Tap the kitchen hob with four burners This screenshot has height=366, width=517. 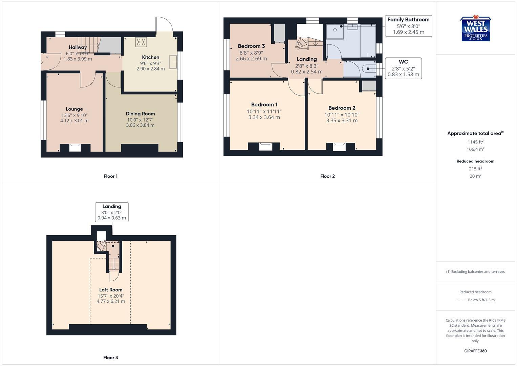point(141,42)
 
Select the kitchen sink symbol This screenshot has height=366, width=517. point(173,62)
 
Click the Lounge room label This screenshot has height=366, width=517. point(74,109)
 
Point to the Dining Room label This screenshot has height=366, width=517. point(140,114)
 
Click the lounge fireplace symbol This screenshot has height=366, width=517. point(75,147)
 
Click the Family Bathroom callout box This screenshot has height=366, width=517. point(408,26)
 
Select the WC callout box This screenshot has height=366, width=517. point(403,68)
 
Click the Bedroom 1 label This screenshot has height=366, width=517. point(264,105)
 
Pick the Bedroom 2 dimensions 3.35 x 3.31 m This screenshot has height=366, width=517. point(342,121)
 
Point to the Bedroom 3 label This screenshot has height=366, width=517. point(251,46)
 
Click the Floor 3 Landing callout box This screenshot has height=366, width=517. point(112,212)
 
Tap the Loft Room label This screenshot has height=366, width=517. point(111,290)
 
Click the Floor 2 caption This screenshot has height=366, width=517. point(327,176)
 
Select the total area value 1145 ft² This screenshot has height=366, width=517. point(475,142)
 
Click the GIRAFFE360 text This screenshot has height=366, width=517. point(475,351)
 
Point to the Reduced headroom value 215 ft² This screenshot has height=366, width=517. point(475,169)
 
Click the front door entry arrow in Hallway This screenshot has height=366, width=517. point(42,62)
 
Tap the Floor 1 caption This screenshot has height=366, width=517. point(110,176)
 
